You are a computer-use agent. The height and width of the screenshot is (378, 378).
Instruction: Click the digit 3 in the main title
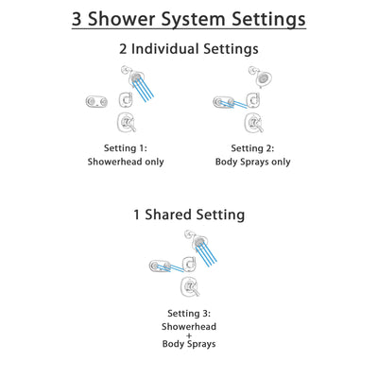[79, 18]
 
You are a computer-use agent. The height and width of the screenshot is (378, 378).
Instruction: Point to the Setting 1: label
[126, 147]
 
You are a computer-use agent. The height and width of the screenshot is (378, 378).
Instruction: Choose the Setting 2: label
[252, 147]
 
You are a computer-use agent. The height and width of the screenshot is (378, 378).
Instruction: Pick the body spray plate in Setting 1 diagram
[94, 101]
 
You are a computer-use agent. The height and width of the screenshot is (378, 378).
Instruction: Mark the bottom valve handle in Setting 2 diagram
[251, 123]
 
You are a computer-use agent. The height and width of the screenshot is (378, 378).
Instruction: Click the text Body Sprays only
[252, 162]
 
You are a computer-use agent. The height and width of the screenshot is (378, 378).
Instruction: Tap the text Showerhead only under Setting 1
[126, 162]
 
